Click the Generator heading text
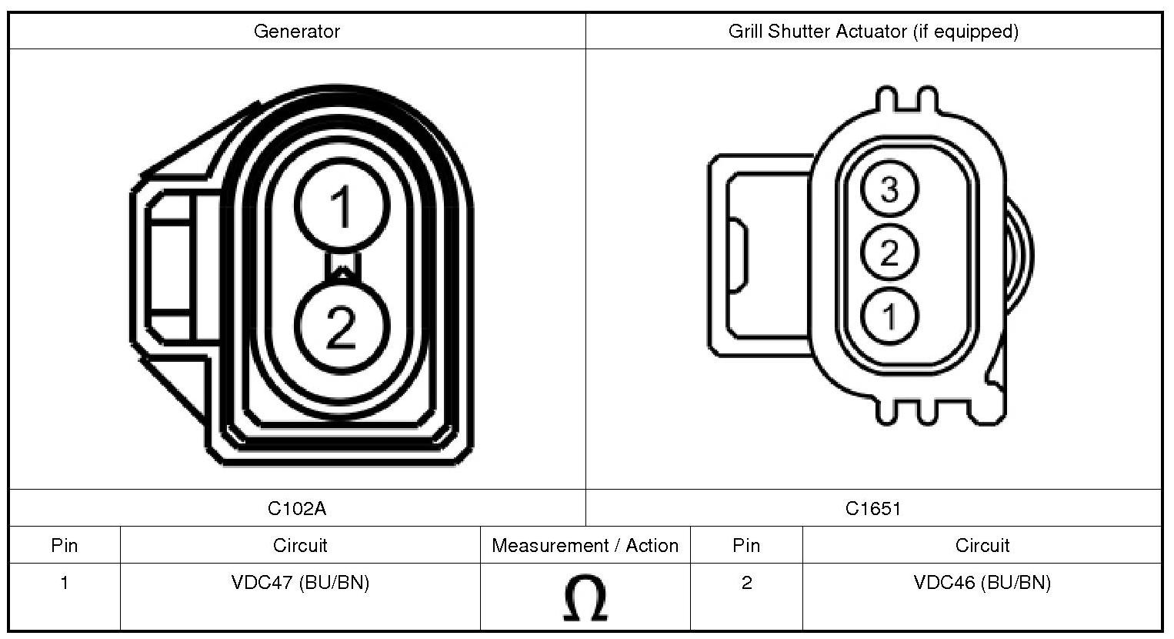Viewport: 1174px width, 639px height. pyautogui.click(x=297, y=32)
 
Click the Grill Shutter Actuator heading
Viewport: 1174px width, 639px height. pyautogui.click(x=873, y=32)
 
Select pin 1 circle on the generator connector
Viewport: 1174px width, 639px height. pyautogui.click(x=342, y=205)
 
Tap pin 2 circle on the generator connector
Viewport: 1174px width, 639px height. pyautogui.click(x=342, y=326)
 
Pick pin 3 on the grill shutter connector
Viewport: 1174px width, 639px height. pyautogui.click(x=889, y=189)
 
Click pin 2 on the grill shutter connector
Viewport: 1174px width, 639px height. pyautogui.click(x=889, y=252)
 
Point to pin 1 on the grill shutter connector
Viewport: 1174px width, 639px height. pyautogui.click(x=889, y=316)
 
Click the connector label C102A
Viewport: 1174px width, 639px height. pyautogui.click(x=297, y=508)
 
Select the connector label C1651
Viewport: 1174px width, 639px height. pyautogui.click(x=873, y=508)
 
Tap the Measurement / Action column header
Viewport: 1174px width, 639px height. pyautogui.click(x=585, y=546)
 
